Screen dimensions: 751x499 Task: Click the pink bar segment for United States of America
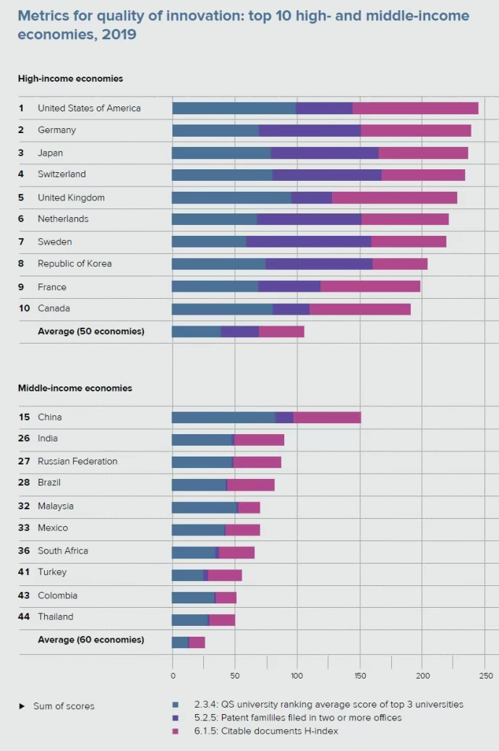(415, 109)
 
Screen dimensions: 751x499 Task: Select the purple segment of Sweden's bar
(308, 242)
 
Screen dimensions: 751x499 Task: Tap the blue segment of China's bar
(223, 417)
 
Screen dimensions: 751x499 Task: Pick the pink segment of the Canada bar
(359, 309)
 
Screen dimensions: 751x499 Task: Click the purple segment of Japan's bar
(324, 153)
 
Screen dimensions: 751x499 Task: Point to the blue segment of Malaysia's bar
(203, 507)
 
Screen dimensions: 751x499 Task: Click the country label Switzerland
(61, 174)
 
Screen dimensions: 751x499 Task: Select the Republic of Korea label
(74, 264)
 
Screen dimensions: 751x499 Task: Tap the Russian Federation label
(77, 462)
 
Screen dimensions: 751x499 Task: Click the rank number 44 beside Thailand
(24, 617)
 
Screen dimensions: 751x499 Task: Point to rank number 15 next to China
(24, 417)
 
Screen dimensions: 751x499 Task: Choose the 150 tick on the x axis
(360, 676)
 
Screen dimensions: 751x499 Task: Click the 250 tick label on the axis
(485, 676)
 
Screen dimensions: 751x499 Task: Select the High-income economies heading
(70, 79)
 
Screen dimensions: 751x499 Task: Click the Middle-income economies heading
(75, 389)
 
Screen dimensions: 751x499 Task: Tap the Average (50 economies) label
(91, 331)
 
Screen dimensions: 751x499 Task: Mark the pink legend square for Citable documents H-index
(176, 731)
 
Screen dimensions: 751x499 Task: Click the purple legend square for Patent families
(176, 718)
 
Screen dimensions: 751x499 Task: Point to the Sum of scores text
(64, 706)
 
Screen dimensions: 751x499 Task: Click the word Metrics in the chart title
(42, 16)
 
